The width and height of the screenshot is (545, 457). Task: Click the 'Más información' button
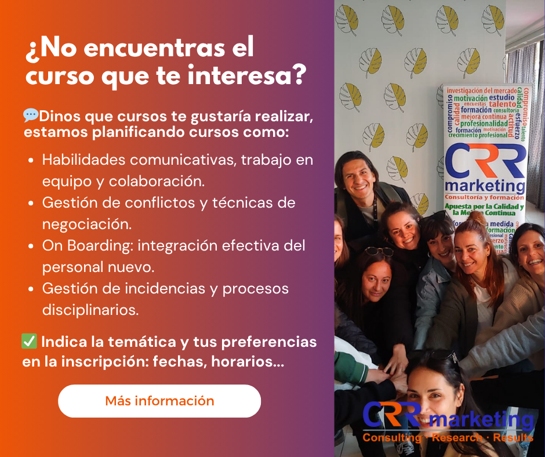[159, 401]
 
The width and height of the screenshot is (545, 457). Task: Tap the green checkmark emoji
[30, 342]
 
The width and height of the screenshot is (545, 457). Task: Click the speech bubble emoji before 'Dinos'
[31, 115]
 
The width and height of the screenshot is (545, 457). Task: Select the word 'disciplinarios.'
[90, 310]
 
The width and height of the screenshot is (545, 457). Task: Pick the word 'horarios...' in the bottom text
[247, 362]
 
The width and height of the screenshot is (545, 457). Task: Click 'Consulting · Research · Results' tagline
[448, 438]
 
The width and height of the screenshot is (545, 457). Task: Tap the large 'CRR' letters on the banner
[485, 161]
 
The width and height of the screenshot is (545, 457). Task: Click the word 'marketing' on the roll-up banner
[485, 186]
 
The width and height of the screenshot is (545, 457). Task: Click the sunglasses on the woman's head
[378, 252]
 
